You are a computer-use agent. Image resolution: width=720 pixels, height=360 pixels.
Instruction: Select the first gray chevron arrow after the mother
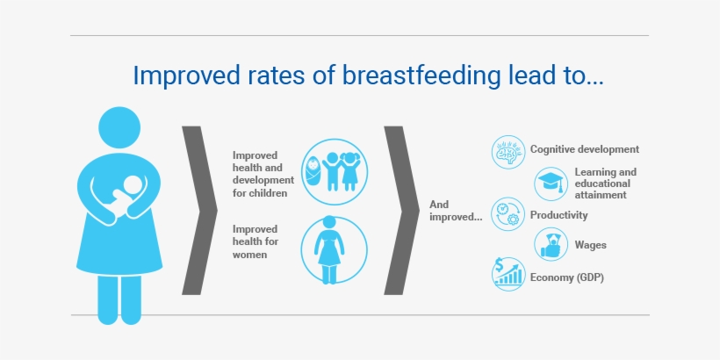(x=199, y=211)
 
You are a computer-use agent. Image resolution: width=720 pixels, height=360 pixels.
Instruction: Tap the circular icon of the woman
(x=335, y=250)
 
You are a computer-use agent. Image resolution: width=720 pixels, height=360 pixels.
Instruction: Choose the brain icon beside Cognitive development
(x=508, y=151)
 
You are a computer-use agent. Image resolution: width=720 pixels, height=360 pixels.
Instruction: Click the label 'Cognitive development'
(x=584, y=150)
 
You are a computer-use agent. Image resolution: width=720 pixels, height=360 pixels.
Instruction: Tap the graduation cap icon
(x=551, y=184)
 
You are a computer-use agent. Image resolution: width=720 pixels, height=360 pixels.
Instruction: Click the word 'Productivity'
(x=559, y=215)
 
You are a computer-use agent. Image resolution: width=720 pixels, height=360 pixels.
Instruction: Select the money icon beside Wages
(x=551, y=245)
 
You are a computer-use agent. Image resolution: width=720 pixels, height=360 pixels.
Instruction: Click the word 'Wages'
(x=592, y=246)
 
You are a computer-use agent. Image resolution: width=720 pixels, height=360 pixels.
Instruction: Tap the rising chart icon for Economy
(x=508, y=276)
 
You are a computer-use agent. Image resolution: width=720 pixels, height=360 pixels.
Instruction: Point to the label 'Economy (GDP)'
(x=567, y=277)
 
